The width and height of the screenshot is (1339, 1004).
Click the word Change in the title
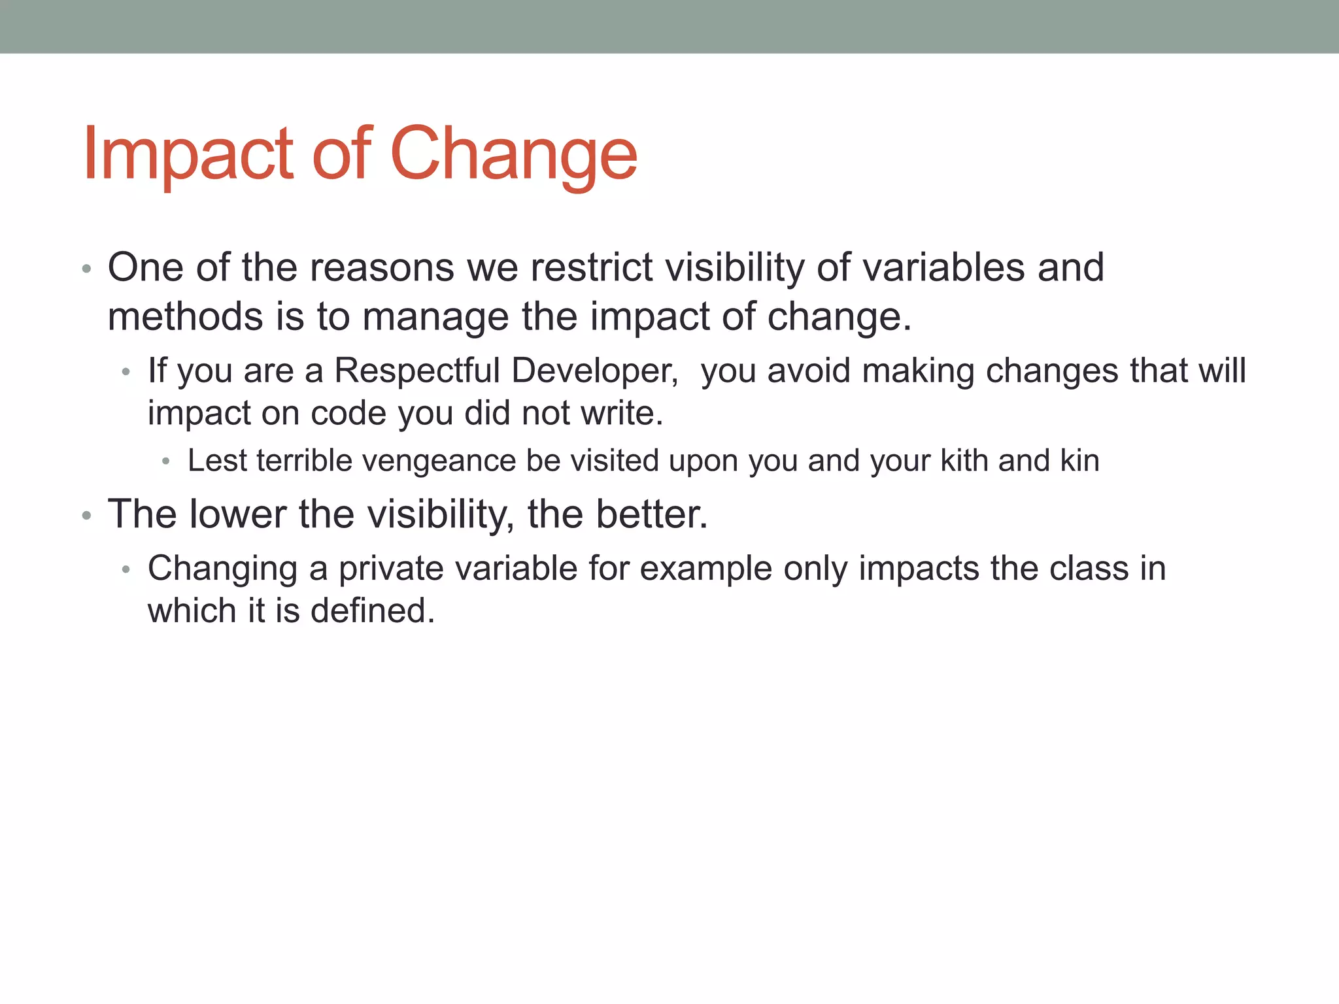coord(513,154)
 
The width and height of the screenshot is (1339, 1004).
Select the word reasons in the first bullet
coord(381,268)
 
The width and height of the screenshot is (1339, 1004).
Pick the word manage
coord(435,317)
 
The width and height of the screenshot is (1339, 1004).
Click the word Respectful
coord(416,371)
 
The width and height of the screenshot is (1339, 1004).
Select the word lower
coord(237,514)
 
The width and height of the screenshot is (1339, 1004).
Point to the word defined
coord(372,611)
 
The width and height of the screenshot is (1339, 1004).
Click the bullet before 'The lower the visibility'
coord(86,516)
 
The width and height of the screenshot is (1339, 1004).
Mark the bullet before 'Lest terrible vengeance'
coord(166,462)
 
